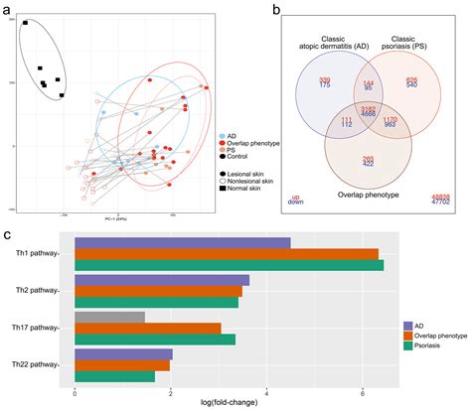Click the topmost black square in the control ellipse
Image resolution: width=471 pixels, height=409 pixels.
(x=26, y=22)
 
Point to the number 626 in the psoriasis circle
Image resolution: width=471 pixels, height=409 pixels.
(x=411, y=79)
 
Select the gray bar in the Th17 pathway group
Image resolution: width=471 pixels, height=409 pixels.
(x=109, y=317)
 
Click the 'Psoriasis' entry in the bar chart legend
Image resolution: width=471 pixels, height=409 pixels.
(x=434, y=347)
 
